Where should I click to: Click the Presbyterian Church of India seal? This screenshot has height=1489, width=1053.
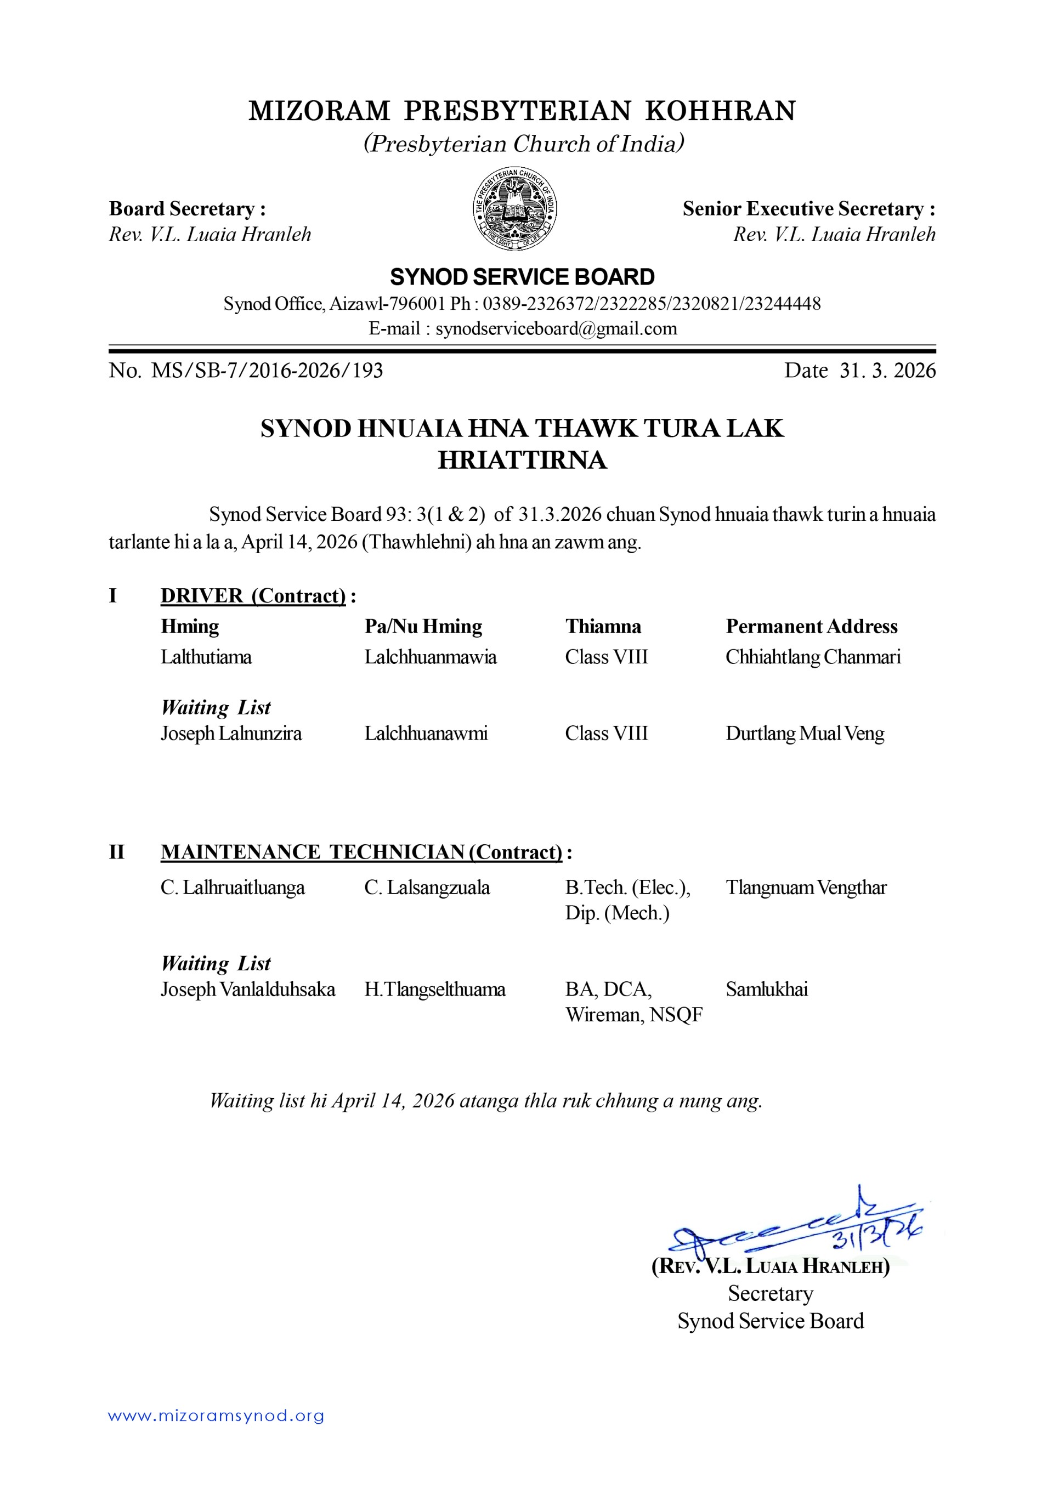click(x=514, y=208)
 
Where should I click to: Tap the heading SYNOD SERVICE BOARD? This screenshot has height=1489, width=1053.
click(x=522, y=277)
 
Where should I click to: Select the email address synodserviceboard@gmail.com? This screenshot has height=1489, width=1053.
click(x=556, y=329)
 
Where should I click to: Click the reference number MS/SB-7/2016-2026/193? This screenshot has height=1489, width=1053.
click(x=267, y=370)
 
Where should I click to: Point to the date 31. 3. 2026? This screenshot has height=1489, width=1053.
click(x=887, y=370)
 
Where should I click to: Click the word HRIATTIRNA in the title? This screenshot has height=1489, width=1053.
click(x=522, y=460)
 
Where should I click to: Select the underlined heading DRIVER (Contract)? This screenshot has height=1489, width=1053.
click(x=253, y=595)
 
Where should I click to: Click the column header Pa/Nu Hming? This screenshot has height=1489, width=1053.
click(x=423, y=627)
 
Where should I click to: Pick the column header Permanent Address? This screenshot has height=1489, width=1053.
click(x=811, y=627)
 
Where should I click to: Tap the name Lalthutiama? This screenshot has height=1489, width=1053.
click(x=206, y=657)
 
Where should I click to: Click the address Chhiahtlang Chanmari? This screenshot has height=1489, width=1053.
click(x=812, y=657)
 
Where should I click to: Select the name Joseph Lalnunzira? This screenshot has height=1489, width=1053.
click(x=231, y=734)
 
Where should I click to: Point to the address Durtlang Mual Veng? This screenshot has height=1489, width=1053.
click(x=805, y=734)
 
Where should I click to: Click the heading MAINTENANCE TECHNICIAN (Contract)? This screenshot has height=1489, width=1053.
click(x=361, y=851)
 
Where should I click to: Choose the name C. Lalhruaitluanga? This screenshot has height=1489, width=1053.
click(x=233, y=887)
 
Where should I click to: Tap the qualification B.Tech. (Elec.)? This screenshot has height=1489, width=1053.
click(x=627, y=887)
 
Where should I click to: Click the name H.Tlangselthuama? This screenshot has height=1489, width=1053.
click(x=435, y=989)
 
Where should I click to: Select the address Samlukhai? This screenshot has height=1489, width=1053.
click(x=766, y=989)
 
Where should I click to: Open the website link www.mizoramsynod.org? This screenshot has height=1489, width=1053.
click(x=216, y=1415)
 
